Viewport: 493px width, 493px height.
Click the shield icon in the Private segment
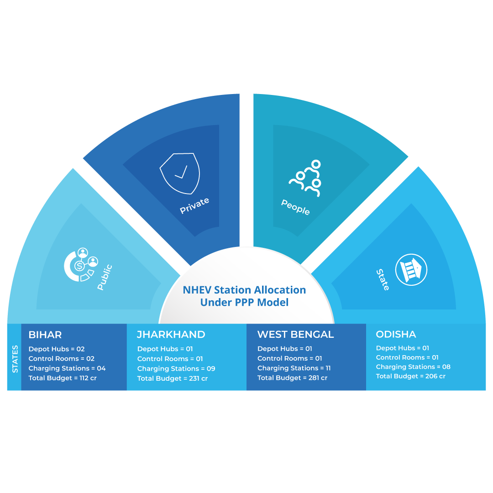[180, 173]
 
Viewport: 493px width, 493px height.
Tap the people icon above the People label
[305, 178]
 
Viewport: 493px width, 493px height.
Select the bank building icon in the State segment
[411, 270]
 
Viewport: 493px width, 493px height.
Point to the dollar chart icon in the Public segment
[81, 264]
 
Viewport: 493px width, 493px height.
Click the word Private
[194, 205]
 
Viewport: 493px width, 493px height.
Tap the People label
[295, 207]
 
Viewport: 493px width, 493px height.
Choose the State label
[383, 279]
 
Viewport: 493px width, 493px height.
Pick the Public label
[105, 277]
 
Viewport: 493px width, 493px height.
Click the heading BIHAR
[45, 335]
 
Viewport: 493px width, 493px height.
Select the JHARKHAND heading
[171, 335]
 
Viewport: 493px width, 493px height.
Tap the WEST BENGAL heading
[295, 335]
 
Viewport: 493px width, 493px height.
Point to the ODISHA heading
[396, 334]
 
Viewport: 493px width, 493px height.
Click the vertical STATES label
[15, 359]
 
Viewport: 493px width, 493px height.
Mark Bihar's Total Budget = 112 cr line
[63, 378]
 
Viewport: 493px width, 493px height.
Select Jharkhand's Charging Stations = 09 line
[176, 369]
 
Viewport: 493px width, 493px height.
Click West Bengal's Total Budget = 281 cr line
[293, 378]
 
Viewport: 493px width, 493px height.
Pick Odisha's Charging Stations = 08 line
[413, 367]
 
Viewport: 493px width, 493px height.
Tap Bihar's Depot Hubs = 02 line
[57, 349]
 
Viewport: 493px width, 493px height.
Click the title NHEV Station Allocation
[244, 289]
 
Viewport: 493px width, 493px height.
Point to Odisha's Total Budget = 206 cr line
[411, 376]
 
